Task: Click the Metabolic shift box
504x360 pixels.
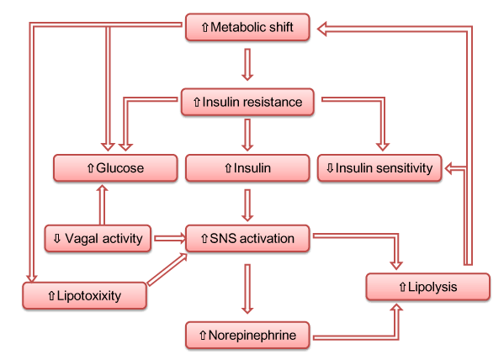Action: click(247, 27)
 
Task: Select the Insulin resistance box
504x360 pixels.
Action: click(247, 102)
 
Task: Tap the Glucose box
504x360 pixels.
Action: click(115, 167)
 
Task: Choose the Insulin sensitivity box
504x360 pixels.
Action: click(379, 167)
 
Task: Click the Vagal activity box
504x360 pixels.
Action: click(98, 238)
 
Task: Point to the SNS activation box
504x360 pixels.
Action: click(247, 238)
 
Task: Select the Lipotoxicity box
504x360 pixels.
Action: click(84, 295)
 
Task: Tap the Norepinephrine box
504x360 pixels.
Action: click(247, 335)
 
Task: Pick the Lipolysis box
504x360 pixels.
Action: click(427, 287)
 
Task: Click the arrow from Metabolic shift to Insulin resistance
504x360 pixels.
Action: click(247, 64)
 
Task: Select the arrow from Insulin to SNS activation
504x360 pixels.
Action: click(247, 205)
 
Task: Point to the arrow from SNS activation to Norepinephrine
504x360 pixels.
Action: click(247, 289)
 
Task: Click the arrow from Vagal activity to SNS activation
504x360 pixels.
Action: click(170, 238)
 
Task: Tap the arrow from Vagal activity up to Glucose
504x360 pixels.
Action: click(102, 204)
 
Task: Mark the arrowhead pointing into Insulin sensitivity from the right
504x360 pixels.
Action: click(448, 168)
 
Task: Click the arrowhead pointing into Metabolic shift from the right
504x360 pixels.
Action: click(322, 29)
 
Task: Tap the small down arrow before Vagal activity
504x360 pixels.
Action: click(57, 239)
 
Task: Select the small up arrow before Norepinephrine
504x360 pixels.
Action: click(203, 336)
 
